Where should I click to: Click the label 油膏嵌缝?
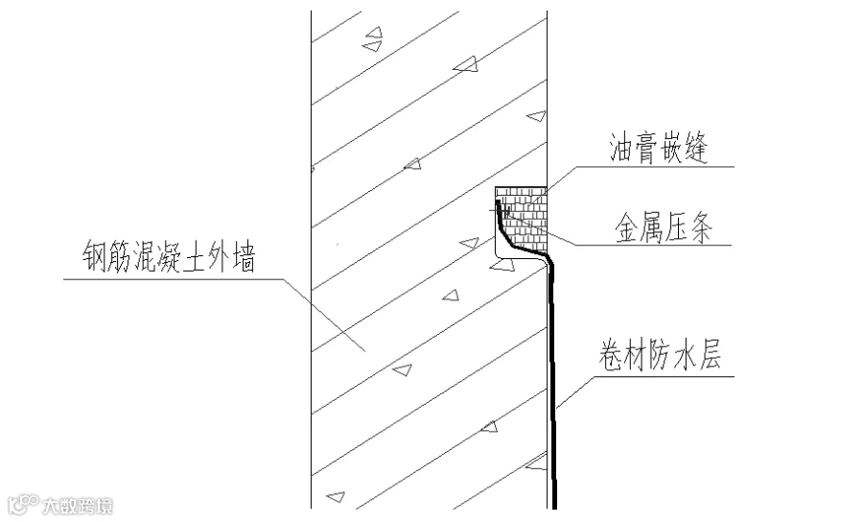658,151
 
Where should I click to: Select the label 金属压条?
663,230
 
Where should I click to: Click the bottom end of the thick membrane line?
555,505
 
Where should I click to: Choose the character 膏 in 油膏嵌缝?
646,151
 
